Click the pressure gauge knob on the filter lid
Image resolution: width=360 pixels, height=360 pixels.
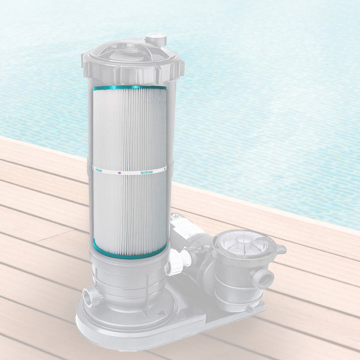click(x=155, y=39)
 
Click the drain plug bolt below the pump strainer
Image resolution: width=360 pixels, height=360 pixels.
click(x=248, y=310)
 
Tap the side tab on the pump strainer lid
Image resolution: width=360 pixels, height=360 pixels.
click(x=280, y=249)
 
